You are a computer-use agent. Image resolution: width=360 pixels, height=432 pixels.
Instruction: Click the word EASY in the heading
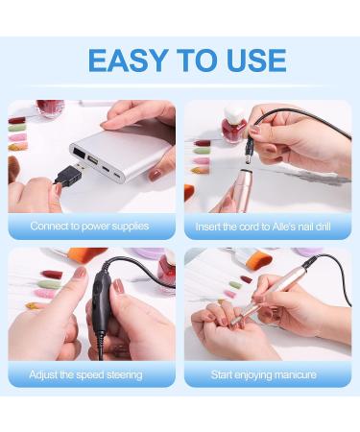coord(128,60)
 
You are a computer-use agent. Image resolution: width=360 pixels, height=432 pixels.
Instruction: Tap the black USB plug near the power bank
coord(68,174)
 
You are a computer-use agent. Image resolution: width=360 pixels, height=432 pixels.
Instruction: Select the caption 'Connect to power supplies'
coord(89,227)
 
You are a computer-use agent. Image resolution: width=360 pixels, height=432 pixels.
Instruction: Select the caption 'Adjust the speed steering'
coord(85,374)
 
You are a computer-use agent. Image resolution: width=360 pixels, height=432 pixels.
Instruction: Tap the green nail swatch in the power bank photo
coord(17,129)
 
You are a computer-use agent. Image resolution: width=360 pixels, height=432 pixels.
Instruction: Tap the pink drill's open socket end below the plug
coord(245,173)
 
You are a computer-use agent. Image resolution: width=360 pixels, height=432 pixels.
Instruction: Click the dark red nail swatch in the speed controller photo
coord(51,275)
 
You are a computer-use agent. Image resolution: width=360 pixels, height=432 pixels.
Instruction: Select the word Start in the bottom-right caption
coord(222,374)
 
